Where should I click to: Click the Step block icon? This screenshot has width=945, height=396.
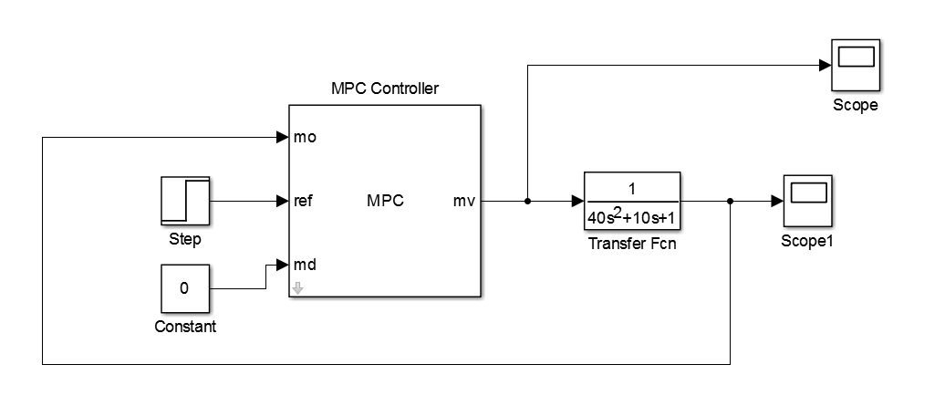click(x=185, y=201)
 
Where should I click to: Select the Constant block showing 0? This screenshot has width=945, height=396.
click(x=185, y=289)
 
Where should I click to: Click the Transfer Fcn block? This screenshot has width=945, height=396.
click(x=633, y=201)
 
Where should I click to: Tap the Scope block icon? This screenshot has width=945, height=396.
click(x=856, y=65)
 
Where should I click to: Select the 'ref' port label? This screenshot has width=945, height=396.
click(x=304, y=201)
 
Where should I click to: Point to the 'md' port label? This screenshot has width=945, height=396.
click(x=304, y=265)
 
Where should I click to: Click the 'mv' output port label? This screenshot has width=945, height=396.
click(x=463, y=201)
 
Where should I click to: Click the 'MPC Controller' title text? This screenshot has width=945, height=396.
click(x=384, y=89)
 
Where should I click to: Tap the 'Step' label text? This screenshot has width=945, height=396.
click(x=185, y=240)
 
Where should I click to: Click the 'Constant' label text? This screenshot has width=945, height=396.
click(x=185, y=327)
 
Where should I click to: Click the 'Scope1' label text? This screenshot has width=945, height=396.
click(x=807, y=243)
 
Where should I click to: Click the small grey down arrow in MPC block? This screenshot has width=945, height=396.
click(x=296, y=288)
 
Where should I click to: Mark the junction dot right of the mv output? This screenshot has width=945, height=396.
click(x=527, y=201)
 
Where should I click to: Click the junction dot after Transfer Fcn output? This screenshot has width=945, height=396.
click(x=731, y=201)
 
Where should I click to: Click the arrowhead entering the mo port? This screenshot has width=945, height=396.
click(x=282, y=138)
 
